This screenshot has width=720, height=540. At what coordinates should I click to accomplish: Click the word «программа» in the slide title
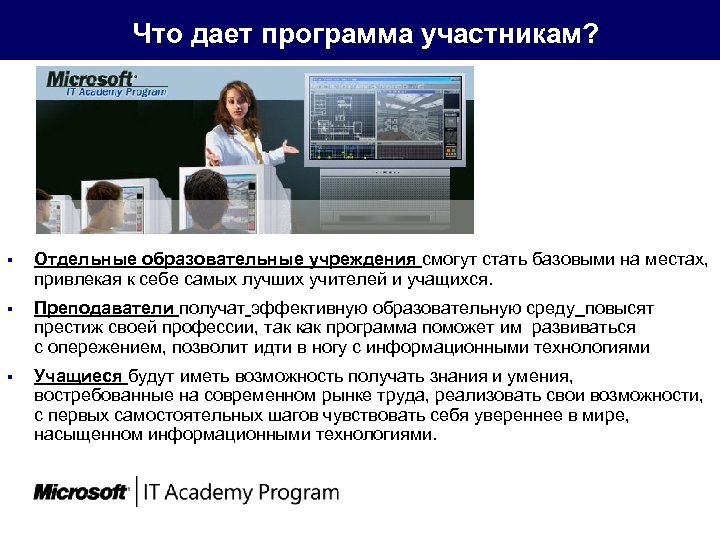(336, 35)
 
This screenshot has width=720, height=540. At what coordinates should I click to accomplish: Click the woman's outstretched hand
(291, 147)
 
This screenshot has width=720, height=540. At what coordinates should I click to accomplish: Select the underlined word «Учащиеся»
(77, 377)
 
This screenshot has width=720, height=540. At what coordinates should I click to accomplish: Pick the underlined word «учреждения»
(362, 261)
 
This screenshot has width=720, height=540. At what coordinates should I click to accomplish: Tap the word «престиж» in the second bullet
(67, 328)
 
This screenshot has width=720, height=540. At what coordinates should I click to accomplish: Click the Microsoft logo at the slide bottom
(80, 492)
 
